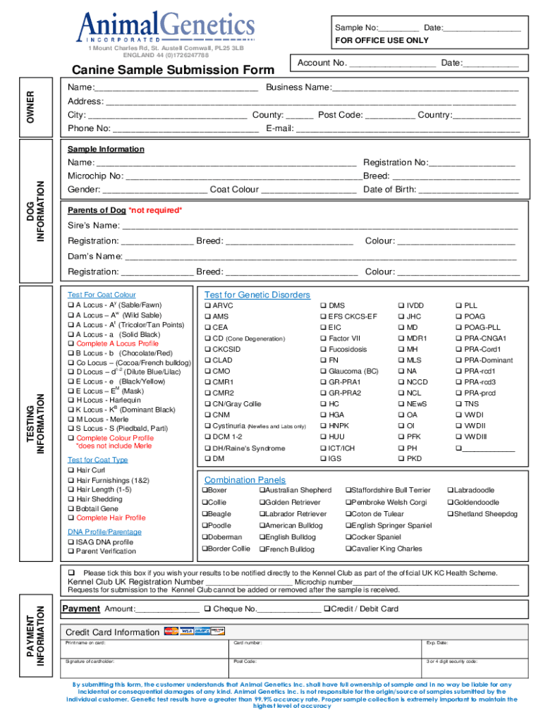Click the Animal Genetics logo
point(166,28)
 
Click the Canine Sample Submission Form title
point(173,70)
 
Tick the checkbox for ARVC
point(208,306)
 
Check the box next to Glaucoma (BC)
point(324,371)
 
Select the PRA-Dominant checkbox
point(460,360)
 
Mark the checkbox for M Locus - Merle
point(71,420)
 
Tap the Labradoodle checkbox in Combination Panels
point(449,490)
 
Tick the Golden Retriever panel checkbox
point(262,502)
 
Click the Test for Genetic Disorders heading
point(257,295)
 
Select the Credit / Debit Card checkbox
point(327,608)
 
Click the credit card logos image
point(194,631)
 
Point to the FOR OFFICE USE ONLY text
point(382,40)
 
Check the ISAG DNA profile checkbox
point(71,542)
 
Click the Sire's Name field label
point(93,226)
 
